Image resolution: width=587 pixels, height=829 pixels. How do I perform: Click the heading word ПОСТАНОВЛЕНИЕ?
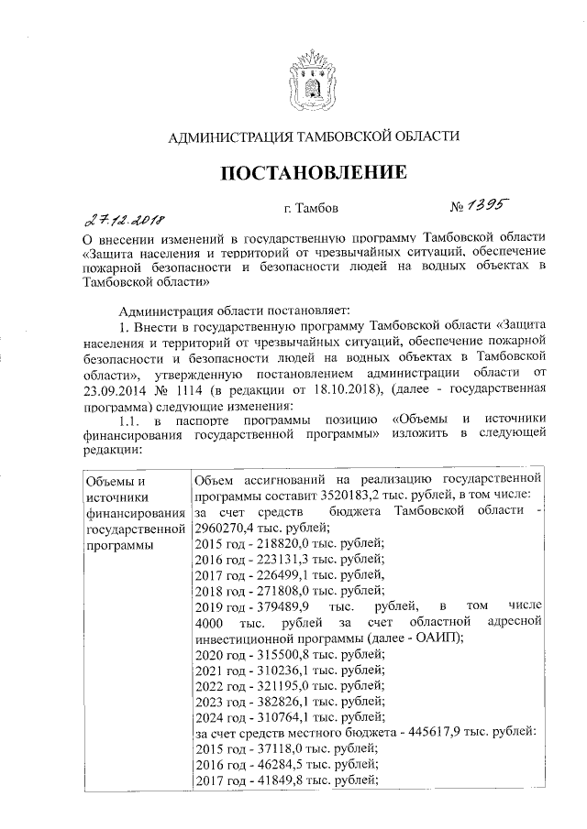311,173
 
